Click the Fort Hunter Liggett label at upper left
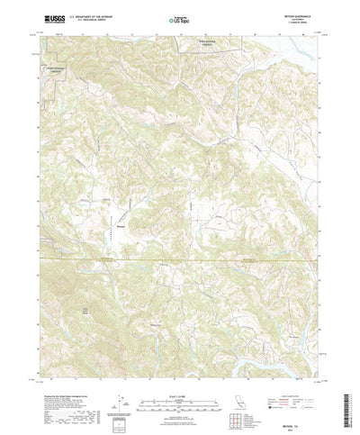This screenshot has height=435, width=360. (58, 68)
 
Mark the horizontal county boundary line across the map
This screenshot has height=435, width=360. (180, 262)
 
